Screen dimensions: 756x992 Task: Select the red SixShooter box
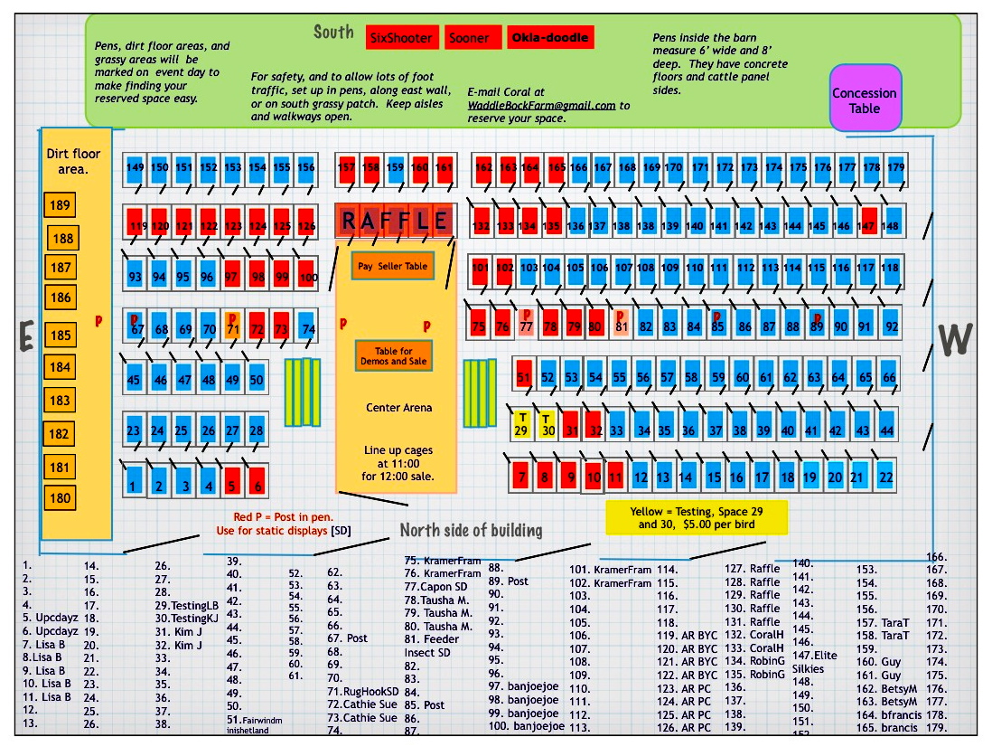[x=401, y=38]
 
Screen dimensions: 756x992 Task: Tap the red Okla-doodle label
[x=550, y=38]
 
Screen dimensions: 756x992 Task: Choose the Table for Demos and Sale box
[x=393, y=356]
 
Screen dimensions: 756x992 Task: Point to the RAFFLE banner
[x=395, y=220]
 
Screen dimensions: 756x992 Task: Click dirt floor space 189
[x=61, y=206]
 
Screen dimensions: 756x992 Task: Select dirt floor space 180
[x=61, y=497]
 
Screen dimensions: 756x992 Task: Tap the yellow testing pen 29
[x=520, y=424]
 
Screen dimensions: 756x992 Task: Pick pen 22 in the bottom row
[x=885, y=475]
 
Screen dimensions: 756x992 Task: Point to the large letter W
[x=955, y=339]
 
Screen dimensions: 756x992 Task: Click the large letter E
[x=27, y=337]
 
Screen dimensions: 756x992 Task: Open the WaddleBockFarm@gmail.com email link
[x=541, y=105]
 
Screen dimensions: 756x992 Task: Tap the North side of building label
[x=471, y=530]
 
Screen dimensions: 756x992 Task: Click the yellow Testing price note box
[x=697, y=517]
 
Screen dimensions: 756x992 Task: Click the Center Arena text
[x=398, y=408]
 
